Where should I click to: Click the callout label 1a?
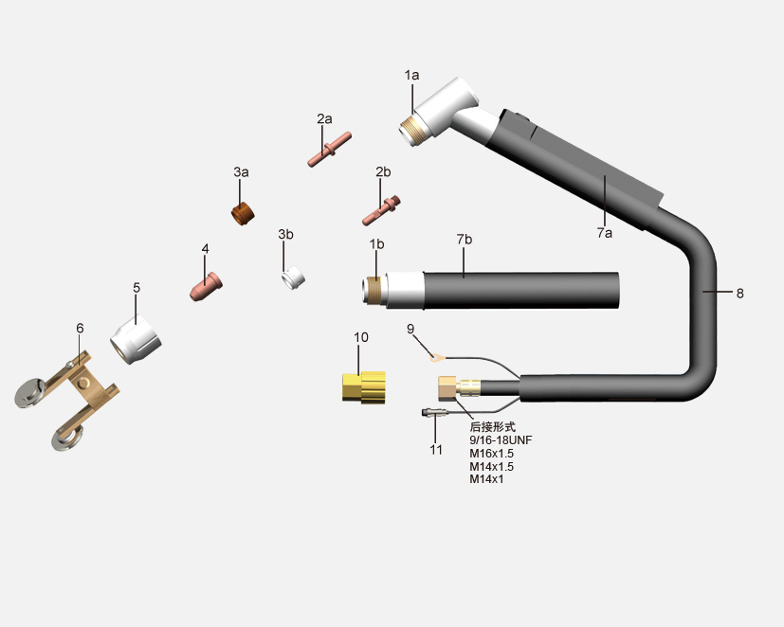coord(411,76)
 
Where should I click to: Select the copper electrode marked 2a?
coord(330,150)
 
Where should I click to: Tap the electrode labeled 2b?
coord(381,210)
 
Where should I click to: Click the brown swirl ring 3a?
coord(243,213)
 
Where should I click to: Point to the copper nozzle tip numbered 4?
coord(206,286)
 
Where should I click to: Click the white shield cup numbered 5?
coord(136,340)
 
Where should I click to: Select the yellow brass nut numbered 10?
coord(364,387)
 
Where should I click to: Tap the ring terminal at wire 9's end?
coord(437,357)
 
